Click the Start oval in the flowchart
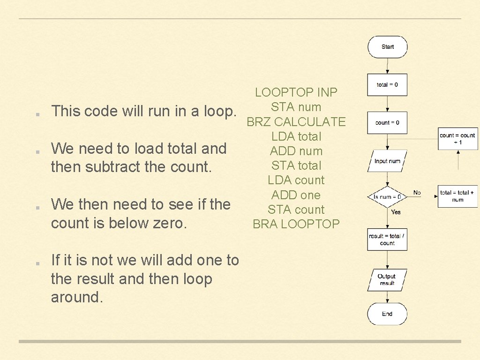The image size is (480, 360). [388, 47]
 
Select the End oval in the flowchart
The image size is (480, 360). [387, 314]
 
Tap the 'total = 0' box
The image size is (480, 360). [387, 85]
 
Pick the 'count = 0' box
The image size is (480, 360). [387, 123]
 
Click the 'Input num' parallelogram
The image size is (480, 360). [387, 161]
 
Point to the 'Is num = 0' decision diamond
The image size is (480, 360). [387, 197]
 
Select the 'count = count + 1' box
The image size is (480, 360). [457, 139]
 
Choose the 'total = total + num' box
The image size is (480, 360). [457, 196]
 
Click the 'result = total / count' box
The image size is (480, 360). [387, 240]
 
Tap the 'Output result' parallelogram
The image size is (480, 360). [387, 280]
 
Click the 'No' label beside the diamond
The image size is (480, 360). [417, 193]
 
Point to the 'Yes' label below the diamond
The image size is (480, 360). [396, 212]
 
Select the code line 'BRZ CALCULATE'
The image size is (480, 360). [296, 122]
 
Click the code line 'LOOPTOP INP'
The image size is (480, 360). [296, 92]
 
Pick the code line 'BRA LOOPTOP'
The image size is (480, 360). [296, 224]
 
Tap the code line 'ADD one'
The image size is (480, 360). [296, 195]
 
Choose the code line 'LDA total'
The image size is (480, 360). [296, 136]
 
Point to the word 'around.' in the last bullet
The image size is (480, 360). [76, 297]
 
